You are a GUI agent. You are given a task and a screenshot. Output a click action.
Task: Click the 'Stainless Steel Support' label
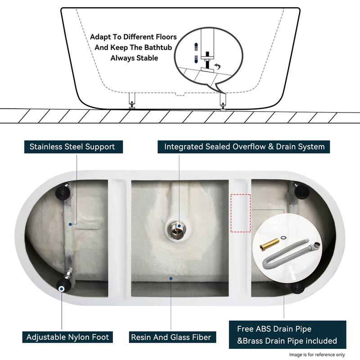click(x=72, y=147)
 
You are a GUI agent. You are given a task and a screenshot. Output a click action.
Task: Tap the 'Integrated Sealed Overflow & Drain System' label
click(x=244, y=147)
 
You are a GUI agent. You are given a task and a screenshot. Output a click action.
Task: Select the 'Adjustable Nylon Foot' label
click(x=67, y=337)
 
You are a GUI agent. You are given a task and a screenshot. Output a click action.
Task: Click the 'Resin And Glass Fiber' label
click(x=171, y=337)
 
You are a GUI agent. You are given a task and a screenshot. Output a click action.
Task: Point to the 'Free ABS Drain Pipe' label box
click(x=287, y=335)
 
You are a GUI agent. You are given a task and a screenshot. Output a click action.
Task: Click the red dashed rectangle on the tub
click(x=240, y=213)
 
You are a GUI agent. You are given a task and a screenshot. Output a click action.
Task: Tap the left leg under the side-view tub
click(x=131, y=100)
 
